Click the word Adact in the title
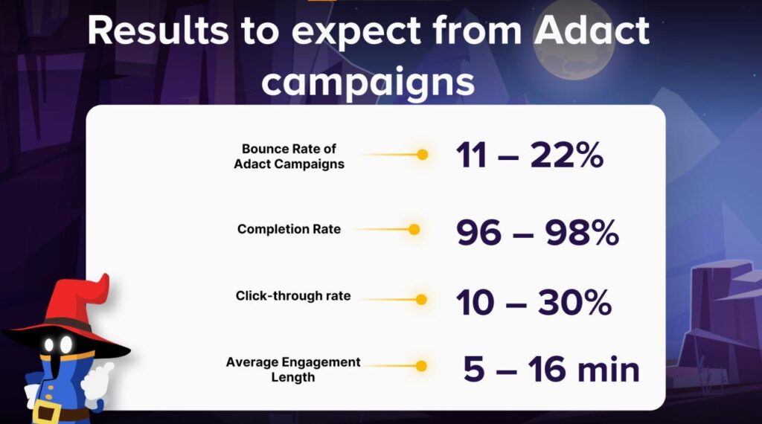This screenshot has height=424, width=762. (592, 30)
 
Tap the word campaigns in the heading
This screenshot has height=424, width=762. (368, 82)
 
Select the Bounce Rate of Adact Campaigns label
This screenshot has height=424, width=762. (289, 156)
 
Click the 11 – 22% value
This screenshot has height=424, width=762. (530, 156)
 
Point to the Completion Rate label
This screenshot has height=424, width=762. (289, 229)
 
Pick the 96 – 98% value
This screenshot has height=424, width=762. (537, 233)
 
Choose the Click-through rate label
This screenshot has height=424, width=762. (293, 296)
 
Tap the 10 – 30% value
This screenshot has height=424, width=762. (534, 303)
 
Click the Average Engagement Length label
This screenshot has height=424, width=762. (293, 370)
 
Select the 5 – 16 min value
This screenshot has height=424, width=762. (551, 370)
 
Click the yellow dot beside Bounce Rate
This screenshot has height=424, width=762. (423, 155)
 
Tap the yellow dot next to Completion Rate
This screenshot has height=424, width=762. (414, 229)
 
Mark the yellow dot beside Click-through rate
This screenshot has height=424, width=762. (421, 300)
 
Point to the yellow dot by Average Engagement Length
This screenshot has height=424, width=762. (421, 366)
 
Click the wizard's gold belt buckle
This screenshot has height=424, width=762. (47, 414)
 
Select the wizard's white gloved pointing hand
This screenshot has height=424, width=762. (97, 382)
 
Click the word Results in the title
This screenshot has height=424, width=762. (158, 30)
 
